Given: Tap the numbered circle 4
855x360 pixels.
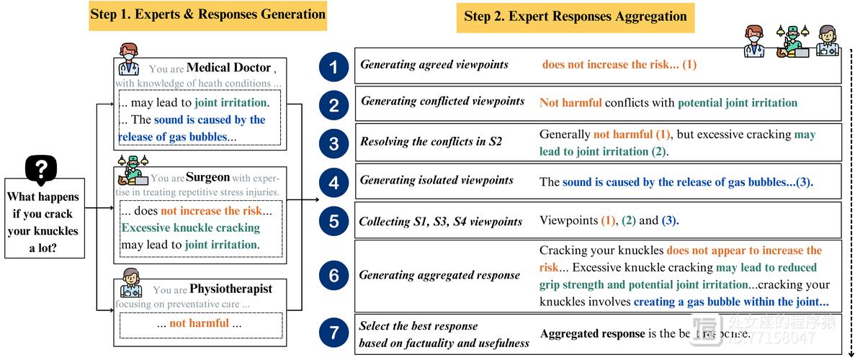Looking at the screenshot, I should click(x=333, y=182).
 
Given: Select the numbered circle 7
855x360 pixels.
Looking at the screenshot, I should click(x=333, y=333).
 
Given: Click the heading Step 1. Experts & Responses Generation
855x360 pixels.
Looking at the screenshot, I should click(x=207, y=15).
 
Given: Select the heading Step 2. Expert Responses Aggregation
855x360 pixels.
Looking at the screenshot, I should click(x=575, y=17).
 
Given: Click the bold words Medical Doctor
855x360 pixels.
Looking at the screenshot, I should click(x=228, y=68).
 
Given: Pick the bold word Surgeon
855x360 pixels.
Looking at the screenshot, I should click(x=207, y=177).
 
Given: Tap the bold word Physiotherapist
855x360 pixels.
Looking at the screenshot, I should click(x=230, y=289).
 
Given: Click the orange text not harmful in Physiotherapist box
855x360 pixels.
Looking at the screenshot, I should click(x=199, y=323).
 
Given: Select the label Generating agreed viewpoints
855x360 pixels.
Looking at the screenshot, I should click(x=434, y=65).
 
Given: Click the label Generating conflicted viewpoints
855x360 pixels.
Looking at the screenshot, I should click(x=442, y=102).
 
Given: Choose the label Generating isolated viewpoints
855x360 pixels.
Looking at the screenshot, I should click(x=437, y=180).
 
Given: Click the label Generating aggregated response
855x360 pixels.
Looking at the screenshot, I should click(x=439, y=275).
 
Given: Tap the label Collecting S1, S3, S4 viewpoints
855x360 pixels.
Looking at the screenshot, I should click(x=440, y=221).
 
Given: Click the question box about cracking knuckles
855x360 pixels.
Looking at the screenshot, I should click(x=44, y=222).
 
